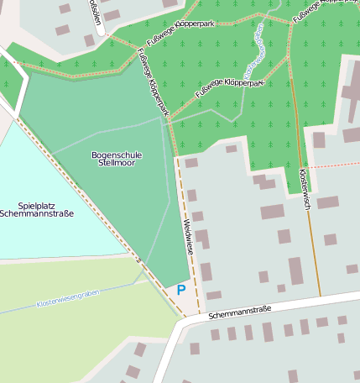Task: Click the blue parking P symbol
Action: pos(180,290)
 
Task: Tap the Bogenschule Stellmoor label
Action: pos(117,159)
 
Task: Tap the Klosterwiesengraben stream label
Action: pos(67,298)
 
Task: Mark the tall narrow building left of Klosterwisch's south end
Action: pos(295,270)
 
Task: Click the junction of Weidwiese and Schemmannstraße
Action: pos(200,317)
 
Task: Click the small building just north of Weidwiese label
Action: pos(191,195)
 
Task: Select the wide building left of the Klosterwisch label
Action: pos(272,212)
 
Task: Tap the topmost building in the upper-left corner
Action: pos(65,8)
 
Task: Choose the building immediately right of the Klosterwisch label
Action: pos(327,202)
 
